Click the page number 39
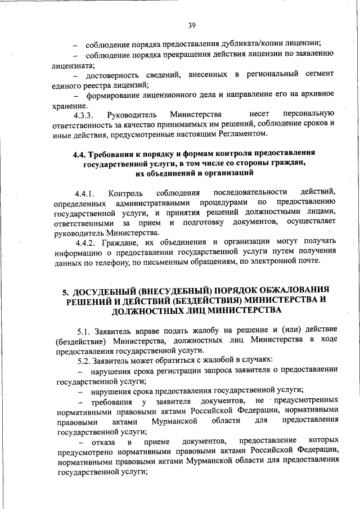point(192,25)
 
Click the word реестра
point(97,85)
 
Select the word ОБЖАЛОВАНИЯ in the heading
point(291,291)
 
